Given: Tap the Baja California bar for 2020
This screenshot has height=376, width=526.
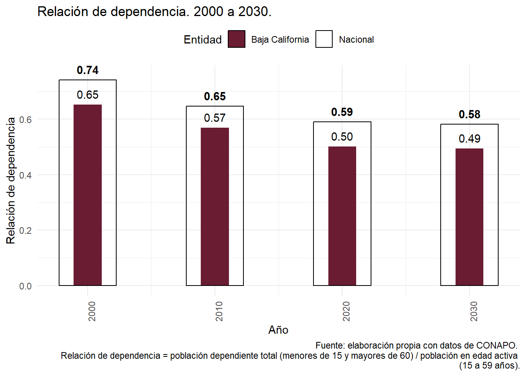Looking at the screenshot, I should coord(342,216).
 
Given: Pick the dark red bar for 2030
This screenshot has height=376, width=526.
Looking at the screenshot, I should coord(469,217).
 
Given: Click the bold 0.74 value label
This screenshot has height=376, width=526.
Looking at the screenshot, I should coord(88,70).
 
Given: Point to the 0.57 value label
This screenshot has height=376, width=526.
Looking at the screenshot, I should coord(215,118).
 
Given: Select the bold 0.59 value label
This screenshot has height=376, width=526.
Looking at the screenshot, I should coord(342,112).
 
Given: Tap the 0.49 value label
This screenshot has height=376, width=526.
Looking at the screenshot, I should coord(469,139).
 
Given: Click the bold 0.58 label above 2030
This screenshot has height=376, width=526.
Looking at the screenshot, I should coord(469,115).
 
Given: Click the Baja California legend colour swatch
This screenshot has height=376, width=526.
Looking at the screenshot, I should coord(237,39).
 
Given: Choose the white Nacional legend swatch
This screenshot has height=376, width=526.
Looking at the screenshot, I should coord(324,39).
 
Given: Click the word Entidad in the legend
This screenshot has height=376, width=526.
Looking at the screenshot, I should coord(203,40).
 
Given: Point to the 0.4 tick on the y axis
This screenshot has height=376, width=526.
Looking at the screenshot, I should coord(25,175).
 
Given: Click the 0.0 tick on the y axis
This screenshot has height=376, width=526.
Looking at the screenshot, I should coord(25,286).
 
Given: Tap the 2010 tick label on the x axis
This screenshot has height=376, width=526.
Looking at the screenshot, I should coord(219,311).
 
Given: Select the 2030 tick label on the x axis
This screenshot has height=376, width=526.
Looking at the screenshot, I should coord(474,311).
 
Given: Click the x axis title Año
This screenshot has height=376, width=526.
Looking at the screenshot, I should coord(278,330).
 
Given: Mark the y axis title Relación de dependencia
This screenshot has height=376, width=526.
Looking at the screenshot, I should coord(11,180).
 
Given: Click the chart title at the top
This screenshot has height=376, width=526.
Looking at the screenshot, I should coord(154,12).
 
